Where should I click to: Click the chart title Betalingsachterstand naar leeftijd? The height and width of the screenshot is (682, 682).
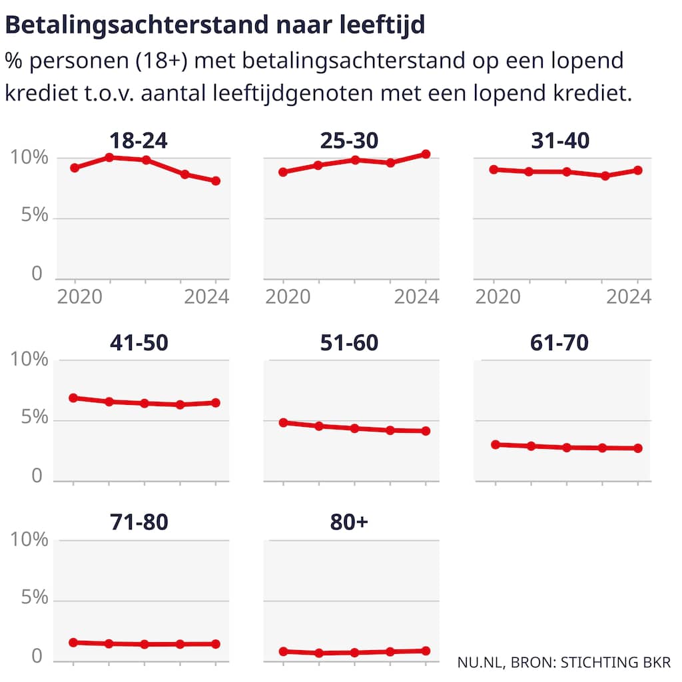(216, 25)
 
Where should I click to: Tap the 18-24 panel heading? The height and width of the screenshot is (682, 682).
(139, 141)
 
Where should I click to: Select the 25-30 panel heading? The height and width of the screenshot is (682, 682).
(349, 141)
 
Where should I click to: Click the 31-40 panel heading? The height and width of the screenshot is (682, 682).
(560, 141)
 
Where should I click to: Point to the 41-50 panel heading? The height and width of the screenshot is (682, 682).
(139, 342)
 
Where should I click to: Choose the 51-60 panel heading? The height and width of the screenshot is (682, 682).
(349, 342)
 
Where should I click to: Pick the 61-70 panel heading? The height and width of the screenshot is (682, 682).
(560, 342)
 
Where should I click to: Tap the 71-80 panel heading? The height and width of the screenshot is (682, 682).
(139, 523)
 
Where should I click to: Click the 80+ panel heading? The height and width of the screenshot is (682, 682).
(349, 523)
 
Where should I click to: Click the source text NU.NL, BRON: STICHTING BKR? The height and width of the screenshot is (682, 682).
(564, 663)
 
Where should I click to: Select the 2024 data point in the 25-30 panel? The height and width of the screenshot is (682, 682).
(426, 155)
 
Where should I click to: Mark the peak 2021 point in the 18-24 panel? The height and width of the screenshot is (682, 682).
(109, 157)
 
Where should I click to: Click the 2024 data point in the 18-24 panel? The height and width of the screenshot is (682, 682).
(216, 181)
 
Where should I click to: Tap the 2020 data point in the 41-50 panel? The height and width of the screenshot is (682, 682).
(73, 398)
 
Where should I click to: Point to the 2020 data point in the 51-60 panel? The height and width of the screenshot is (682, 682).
(283, 422)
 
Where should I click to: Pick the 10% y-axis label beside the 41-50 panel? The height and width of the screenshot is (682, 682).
(30, 360)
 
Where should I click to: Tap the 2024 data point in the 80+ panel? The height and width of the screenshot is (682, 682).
(426, 651)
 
